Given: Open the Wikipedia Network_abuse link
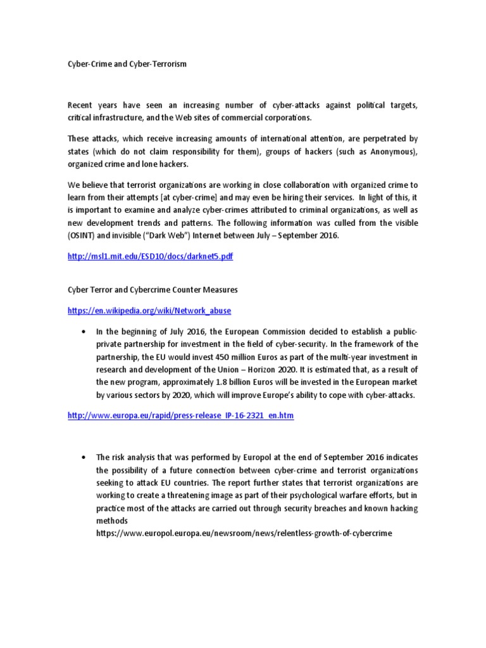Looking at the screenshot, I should (149, 311).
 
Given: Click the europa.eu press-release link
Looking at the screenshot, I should (180, 416).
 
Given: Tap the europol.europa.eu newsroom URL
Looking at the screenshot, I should (244, 533).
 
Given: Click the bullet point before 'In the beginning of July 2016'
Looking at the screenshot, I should (84, 332).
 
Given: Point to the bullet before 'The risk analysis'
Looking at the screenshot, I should (84, 456).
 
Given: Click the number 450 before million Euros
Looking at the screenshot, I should (226, 357).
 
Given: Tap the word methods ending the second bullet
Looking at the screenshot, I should (112, 520).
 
